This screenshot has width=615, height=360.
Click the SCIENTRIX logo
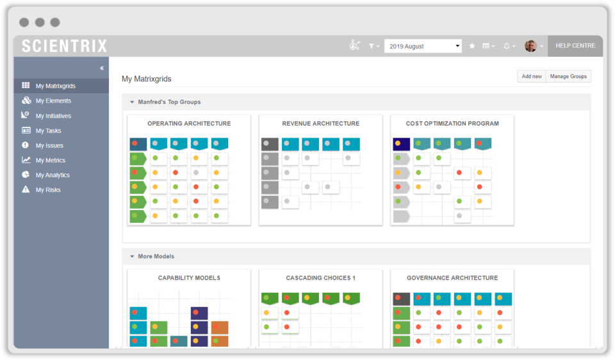[x=64, y=46]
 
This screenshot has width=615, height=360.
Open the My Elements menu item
[x=53, y=101]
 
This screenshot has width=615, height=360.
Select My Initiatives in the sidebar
[x=53, y=116]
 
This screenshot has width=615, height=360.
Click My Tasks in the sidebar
[x=48, y=131]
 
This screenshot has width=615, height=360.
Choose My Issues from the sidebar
[x=49, y=145]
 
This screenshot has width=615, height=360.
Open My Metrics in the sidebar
[x=50, y=160]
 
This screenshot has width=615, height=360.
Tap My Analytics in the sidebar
[x=53, y=175]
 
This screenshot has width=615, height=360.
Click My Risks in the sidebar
[x=48, y=190]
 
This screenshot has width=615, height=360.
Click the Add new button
[x=531, y=76]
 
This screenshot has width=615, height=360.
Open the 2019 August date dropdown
[x=423, y=46]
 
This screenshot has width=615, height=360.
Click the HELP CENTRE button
[x=575, y=46]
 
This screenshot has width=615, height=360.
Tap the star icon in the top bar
[x=472, y=46]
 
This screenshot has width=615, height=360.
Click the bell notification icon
[x=507, y=46]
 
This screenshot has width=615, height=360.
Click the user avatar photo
[x=530, y=46]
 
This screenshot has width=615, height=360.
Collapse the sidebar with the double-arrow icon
[x=102, y=68]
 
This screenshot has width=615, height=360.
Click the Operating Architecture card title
[x=189, y=124]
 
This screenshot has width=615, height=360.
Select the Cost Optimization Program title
[x=452, y=124]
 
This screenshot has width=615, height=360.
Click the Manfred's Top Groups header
[x=169, y=102]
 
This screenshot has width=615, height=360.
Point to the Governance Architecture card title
[x=452, y=278]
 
